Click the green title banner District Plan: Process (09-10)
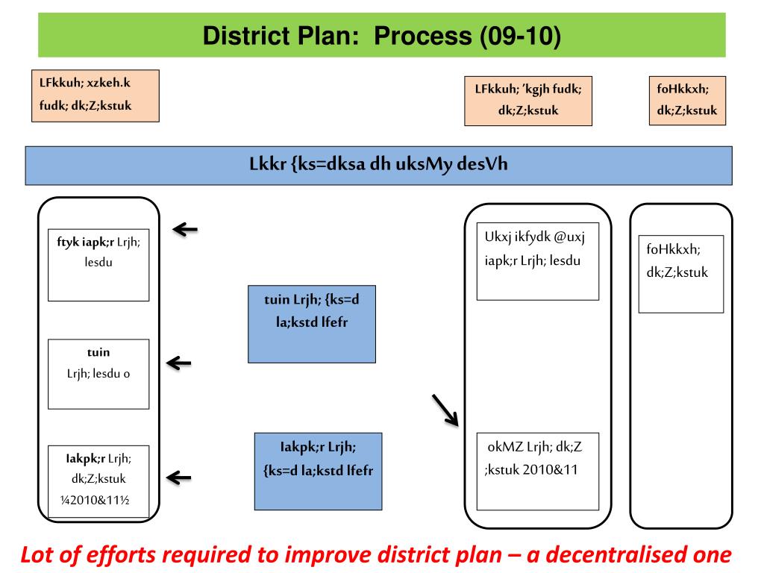(x=381, y=35)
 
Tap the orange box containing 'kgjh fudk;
(x=527, y=101)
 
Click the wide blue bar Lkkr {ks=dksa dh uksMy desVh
(x=378, y=165)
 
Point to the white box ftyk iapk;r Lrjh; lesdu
(x=98, y=264)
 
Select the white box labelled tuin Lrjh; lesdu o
(x=98, y=373)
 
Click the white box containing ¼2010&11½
(x=98, y=481)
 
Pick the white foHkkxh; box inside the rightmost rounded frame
(x=680, y=273)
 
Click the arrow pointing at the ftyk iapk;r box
(x=186, y=229)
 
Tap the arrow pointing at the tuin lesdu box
(x=178, y=363)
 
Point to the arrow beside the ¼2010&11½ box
(x=178, y=477)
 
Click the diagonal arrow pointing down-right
(x=445, y=410)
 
